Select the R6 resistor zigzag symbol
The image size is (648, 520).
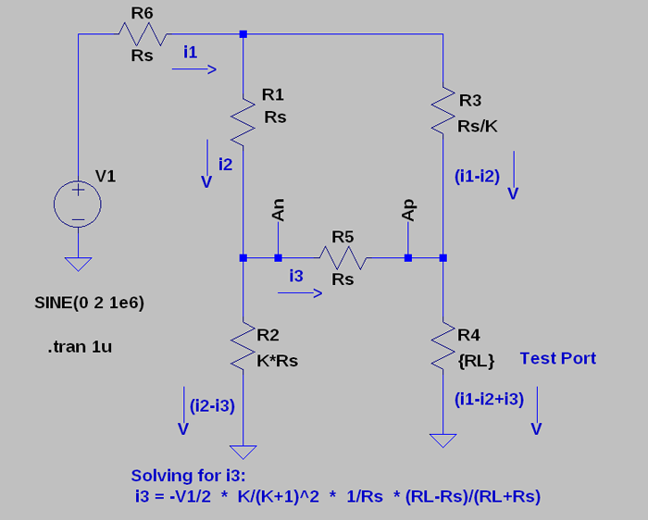(x=141, y=34)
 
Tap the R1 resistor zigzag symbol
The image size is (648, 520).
(x=243, y=120)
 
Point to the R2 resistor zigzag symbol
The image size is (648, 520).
(x=243, y=344)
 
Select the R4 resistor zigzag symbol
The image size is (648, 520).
(x=443, y=344)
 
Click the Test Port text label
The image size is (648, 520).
(x=557, y=358)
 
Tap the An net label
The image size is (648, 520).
(x=278, y=210)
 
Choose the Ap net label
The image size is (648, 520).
(x=408, y=210)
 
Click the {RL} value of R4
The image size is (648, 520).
(x=477, y=361)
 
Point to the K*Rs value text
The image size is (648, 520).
(x=277, y=361)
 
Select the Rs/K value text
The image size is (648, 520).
(x=478, y=126)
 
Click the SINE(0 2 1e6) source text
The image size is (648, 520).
(x=88, y=303)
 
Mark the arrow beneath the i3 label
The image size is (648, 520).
(x=300, y=293)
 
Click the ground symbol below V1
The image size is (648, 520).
(x=79, y=264)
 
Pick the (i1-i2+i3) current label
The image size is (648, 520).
(x=490, y=399)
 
